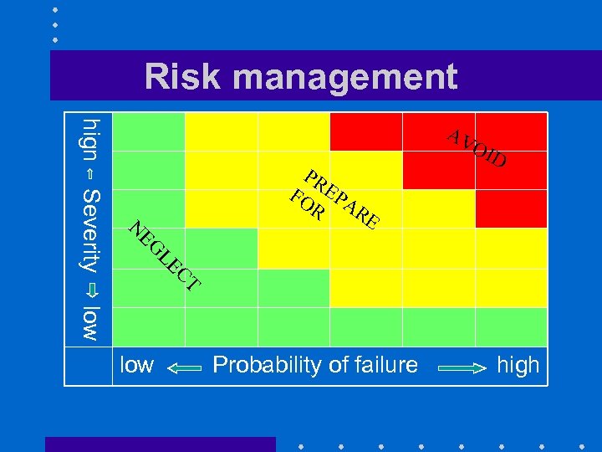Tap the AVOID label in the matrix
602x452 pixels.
click(476, 148)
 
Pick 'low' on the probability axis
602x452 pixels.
click(137, 365)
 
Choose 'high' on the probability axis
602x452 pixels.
click(518, 365)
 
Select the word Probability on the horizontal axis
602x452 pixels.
click(265, 365)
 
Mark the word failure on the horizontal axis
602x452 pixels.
click(384, 365)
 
